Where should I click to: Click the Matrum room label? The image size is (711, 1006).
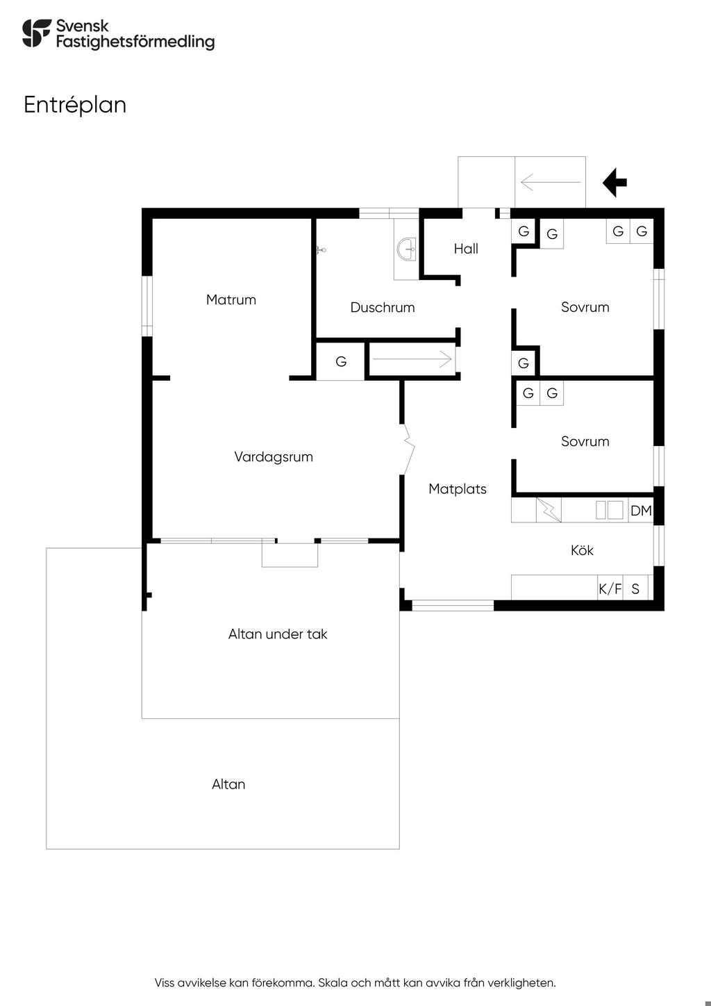pos(231,300)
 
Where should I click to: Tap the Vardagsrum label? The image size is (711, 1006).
pos(274,457)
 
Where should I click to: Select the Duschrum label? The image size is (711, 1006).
pos(383,308)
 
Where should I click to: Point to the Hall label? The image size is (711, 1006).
pos(466,249)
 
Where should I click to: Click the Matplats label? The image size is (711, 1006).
pos(458,489)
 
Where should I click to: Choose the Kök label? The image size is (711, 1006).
pos(582,550)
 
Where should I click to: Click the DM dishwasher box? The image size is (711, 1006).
pos(641,511)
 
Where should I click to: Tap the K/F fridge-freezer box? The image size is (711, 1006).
pos(610,589)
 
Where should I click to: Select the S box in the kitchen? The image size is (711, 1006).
pos(635,589)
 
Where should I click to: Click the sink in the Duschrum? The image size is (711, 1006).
pos(406,247)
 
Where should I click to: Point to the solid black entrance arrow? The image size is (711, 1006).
pos(614,183)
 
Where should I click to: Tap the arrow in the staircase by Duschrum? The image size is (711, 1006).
pos(412,360)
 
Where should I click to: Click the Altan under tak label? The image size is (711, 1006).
pos(278,634)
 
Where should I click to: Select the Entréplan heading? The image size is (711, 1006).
pos(75,105)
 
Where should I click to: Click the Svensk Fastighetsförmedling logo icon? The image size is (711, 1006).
pos(37,33)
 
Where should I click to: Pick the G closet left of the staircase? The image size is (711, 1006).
pos(341,362)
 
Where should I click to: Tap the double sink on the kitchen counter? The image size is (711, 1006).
pos(610,511)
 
